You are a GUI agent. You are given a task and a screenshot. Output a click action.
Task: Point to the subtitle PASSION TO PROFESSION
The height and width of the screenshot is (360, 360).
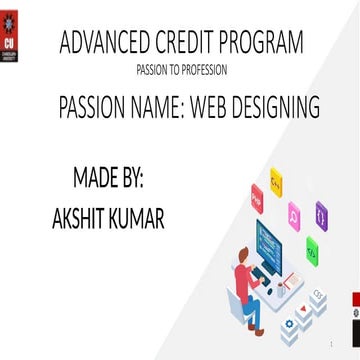click(181, 70)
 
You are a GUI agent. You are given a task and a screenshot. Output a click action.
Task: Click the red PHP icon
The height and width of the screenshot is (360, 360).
click(256, 203)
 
